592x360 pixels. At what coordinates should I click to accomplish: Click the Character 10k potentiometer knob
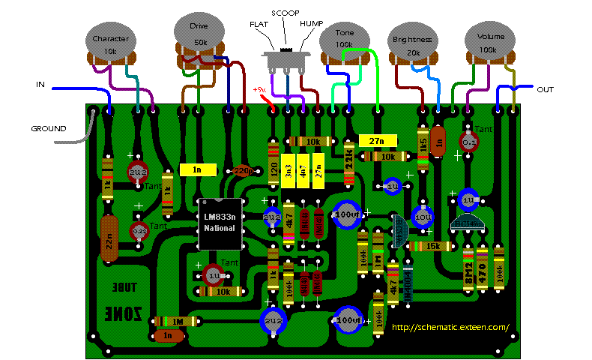pos(110,44)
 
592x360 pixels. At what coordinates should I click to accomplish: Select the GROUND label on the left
pos(48,128)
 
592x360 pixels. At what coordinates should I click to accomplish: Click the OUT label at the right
pos(546,89)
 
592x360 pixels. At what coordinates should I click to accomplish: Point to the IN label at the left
pos(40,84)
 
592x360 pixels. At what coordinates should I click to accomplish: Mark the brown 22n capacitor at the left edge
pos(109,238)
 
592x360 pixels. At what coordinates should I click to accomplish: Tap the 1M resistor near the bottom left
pos(177,321)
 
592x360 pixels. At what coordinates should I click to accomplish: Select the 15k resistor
pos(432,246)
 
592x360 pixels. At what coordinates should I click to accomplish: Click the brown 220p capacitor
pos(241,171)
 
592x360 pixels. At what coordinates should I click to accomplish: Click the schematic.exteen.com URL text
pos(450,327)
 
